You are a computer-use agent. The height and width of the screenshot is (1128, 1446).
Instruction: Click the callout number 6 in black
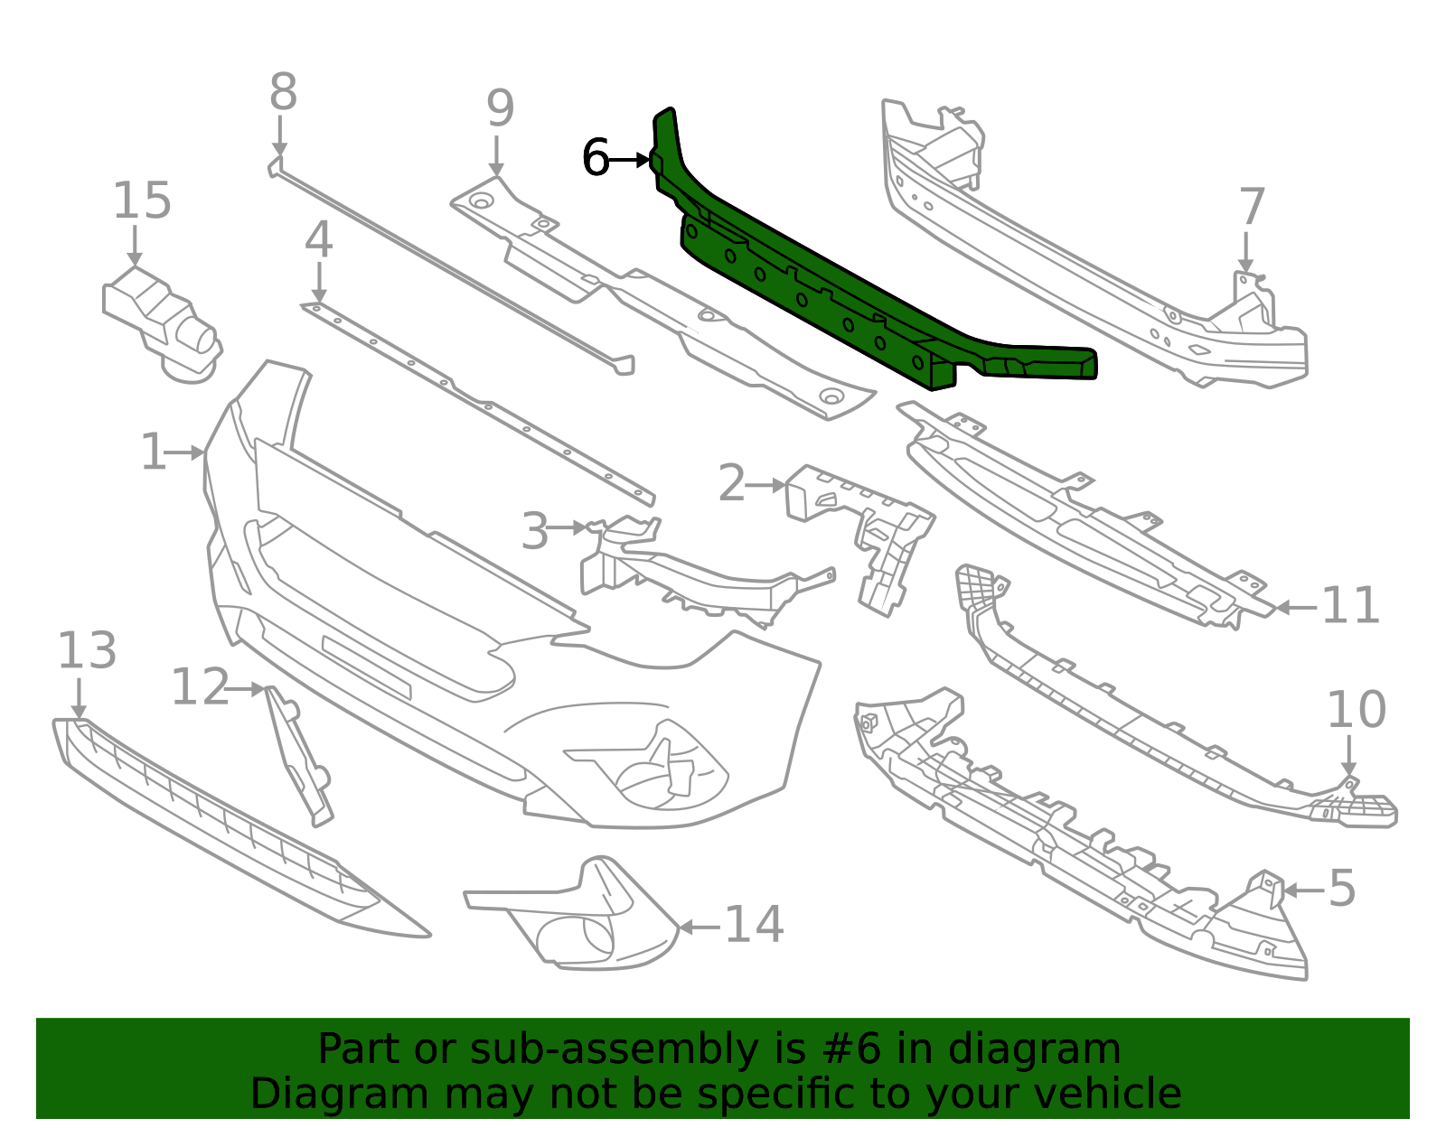pyautogui.click(x=595, y=157)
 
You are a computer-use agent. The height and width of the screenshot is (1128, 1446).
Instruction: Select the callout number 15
pyautogui.click(x=142, y=200)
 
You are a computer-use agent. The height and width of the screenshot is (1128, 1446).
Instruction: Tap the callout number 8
pyautogui.click(x=283, y=92)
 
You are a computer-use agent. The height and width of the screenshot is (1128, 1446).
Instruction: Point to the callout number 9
pyautogui.click(x=500, y=107)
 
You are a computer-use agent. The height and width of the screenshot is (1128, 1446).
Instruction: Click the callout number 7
pyautogui.click(x=1252, y=206)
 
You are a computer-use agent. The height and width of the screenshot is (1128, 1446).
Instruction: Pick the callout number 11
pyautogui.click(x=1350, y=605)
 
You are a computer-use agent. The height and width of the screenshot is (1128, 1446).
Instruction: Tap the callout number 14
pyautogui.click(x=754, y=925)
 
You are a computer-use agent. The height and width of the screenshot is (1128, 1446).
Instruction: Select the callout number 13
pyautogui.click(x=87, y=650)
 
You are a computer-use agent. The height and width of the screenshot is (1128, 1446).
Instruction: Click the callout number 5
pyautogui.click(x=1342, y=888)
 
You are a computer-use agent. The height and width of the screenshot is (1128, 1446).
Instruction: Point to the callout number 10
pyautogui.click(x=1357, y=709)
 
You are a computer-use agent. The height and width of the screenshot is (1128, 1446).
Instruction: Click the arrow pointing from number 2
pyautogui.click(x=765, y=486)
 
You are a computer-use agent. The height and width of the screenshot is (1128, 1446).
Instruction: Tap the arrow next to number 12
pyautogui.click(x=246, y=689)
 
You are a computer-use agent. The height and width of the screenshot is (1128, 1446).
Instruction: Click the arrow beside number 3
pyautogui.click(x=567, y=527)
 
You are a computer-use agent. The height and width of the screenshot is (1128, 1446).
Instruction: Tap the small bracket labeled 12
pyautogui.click(x=299, y=757)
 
